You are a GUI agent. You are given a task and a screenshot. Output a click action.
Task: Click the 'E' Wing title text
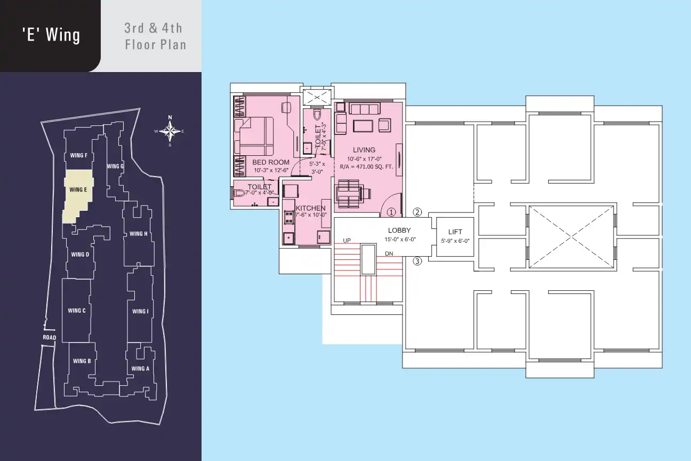coord(51,35)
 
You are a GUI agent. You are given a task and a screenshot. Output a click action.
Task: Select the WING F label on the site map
coord(79,155)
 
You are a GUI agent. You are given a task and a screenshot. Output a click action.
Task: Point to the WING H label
coord(139,234)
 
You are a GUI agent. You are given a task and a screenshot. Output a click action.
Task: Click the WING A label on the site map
coord(140,368)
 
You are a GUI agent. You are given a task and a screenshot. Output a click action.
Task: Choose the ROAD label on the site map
coord(50,338)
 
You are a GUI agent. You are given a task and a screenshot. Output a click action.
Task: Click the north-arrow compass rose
coord(170,131)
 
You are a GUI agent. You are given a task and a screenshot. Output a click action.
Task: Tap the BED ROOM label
coord(270,162)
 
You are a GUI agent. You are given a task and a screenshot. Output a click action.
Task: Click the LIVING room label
coord(364,150)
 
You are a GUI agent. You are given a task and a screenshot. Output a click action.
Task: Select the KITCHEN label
coord(310,208)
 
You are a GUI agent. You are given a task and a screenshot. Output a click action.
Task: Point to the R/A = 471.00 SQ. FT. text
coord(366,166)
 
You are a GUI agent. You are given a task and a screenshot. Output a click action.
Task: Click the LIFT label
coord(455,232)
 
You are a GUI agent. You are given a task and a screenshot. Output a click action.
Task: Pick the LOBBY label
coord(399,230)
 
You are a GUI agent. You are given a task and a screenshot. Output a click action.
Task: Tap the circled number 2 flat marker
coord(417,212)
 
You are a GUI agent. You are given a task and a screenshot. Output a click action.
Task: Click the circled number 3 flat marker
coord(417,261)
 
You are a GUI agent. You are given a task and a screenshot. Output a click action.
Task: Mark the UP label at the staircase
coord(347,241)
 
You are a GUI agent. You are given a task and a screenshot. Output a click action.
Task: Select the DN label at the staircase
coord(389,253)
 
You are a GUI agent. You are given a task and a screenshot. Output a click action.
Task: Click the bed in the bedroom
coord(254,136)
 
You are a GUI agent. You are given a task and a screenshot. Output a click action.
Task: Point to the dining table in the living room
coord(349,194)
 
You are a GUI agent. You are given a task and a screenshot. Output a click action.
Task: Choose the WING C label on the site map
coord(77,311)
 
